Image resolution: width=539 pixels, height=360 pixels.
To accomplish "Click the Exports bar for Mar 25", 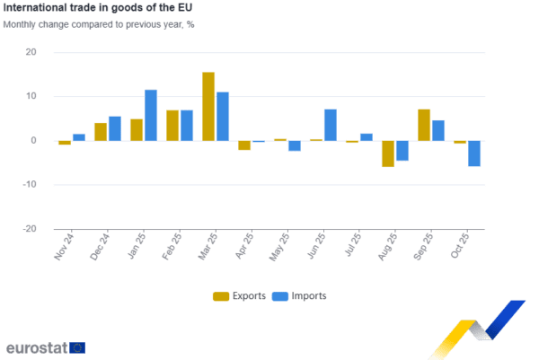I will [208, 106].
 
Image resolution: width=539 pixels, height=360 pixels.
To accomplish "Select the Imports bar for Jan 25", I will [151, 115].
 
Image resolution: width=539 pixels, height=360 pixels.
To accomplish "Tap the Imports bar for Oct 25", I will [474, 154].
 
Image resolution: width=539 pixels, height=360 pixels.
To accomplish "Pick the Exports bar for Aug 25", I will [388, 154].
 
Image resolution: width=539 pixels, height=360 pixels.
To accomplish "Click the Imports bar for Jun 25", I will [331, 125].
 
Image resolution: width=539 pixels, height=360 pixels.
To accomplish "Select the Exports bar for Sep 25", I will [424, 125].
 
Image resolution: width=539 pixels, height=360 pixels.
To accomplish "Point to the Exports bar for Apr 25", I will [244, 145].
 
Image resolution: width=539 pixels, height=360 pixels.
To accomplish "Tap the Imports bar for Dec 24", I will [115, 127].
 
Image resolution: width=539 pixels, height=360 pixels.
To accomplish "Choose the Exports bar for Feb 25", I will [172, 125].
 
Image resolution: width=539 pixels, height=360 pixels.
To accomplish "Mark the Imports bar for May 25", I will [295, 146].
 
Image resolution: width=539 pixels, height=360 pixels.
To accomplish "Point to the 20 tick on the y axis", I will [31, 52].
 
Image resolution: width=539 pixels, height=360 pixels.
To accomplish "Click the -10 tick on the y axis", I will [30, 185].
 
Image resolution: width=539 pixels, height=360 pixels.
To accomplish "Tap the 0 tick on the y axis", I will [34, 141].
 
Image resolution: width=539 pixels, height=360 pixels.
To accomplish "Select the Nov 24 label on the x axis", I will [64, 247].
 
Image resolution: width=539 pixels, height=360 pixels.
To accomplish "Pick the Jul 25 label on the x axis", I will [351, 247].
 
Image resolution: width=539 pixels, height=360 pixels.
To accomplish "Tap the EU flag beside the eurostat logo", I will [77, 347].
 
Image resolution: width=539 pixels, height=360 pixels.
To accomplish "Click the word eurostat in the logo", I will [36, 347].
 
